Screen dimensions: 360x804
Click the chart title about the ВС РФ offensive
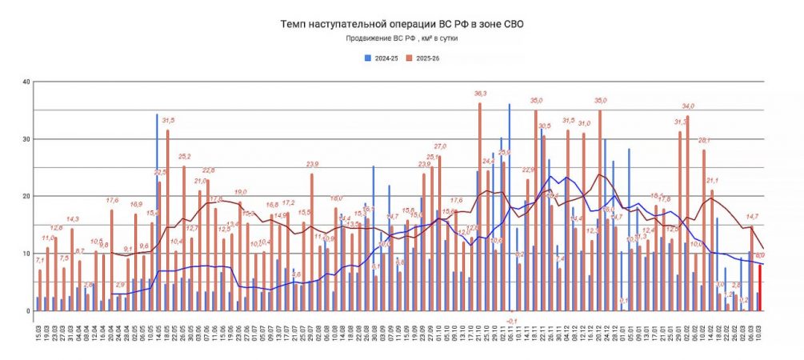pos(402,25)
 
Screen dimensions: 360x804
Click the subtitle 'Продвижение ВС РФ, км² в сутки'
pos(402,38)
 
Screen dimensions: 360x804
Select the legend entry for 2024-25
pos(382,58)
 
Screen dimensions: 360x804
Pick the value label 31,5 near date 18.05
pos(168,121)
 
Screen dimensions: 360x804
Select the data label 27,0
pos(440,146)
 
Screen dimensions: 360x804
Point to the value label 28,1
pos(704,140)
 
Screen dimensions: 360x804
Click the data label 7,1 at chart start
pos(40,261)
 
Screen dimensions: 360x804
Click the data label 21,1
pos(712,180)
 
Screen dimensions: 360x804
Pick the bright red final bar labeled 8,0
pos(759,288)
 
